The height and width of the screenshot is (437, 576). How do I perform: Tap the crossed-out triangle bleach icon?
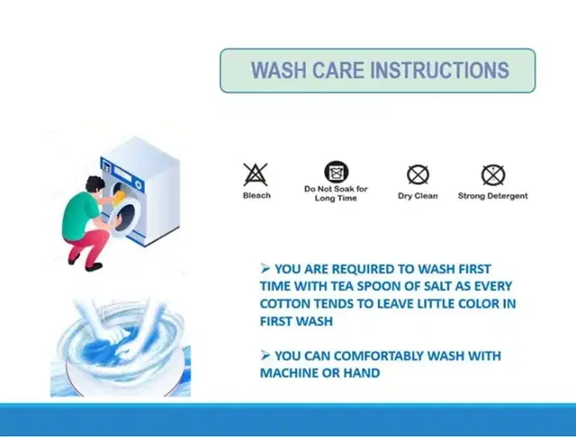coord(256,174)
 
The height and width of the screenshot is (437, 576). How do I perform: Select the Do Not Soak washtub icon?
coord(336,171)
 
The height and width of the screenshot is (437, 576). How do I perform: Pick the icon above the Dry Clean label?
coord(418,174)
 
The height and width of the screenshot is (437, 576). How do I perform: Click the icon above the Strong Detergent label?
coord(492,174)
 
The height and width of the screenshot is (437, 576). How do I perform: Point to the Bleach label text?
coord(256,195)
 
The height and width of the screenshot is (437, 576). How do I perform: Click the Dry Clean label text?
coord(418,195)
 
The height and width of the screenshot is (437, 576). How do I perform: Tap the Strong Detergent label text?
coord(492,195)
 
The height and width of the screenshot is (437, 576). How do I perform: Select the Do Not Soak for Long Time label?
coord(336,193)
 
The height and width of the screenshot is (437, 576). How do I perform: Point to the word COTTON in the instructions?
coord(288,303)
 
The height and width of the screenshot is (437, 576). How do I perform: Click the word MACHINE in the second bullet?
coord(293,372)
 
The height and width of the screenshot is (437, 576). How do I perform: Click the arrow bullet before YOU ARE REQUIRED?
coord(265,268)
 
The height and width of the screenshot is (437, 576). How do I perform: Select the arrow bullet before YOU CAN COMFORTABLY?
coord(265,355)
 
